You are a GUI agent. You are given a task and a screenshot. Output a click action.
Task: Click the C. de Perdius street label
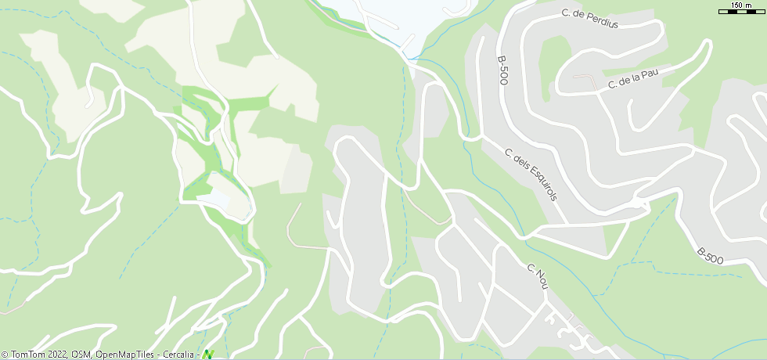pos(589,19)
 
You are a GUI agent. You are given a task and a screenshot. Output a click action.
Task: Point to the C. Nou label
pos(536,275)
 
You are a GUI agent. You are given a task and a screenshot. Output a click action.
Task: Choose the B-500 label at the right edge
pos(711,255)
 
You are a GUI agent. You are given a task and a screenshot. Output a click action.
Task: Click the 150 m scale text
pos(741,5)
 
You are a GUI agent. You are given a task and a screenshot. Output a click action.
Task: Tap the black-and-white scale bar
pos(741,13)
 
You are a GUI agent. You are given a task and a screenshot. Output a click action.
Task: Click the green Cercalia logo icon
pos(208,355)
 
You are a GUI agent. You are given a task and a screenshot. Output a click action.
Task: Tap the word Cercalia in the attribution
pos(178,355)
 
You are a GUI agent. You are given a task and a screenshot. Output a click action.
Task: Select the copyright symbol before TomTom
pos(4,355)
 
